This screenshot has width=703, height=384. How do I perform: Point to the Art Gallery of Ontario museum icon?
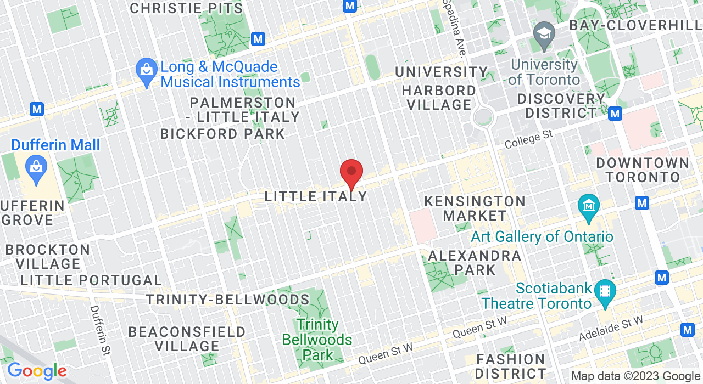pos(589,208)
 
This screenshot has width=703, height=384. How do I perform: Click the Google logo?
pos(36,371)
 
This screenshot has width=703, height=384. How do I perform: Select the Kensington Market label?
pos(475,208)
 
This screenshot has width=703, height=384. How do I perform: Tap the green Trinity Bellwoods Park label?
pos(317,340)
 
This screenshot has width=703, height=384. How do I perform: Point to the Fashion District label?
pos(511,366)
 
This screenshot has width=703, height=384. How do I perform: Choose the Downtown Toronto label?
pos(643,170)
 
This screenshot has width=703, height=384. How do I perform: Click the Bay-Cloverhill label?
pos(635,25)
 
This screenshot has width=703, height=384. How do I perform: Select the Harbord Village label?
pos(439,97)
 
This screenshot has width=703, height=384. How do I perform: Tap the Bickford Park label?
pos(222,134)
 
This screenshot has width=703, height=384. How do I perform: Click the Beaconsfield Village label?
pos(187,339)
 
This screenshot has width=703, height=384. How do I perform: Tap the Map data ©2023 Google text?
pos(635,376)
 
